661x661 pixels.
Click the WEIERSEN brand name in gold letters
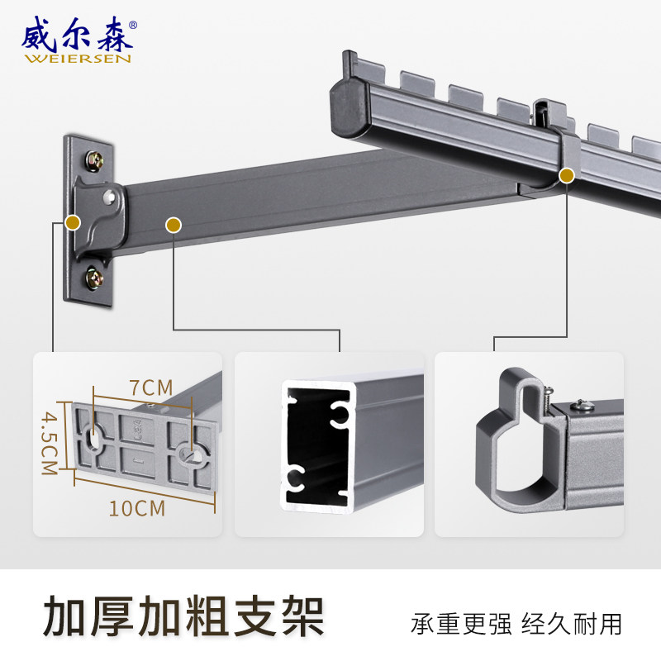point(78,58)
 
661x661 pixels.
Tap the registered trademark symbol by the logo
point(132,25)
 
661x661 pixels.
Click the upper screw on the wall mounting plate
point(94,160)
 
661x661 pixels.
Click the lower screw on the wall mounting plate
point(94,278)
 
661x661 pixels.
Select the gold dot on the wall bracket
point(73,222)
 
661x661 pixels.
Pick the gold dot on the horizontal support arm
point(174,225)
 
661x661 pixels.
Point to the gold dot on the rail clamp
point(567,175)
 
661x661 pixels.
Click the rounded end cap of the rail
point(349,108)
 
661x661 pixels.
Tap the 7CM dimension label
point(151,388)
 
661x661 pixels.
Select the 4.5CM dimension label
point(50,443)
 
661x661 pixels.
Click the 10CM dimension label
point(137,508)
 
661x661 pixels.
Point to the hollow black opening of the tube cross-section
point(318,447)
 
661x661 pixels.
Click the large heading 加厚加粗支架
point(183,616)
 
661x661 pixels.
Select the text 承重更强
point(461,624)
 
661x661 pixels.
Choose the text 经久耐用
point(572,624)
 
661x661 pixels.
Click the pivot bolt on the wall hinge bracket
point(110,197)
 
